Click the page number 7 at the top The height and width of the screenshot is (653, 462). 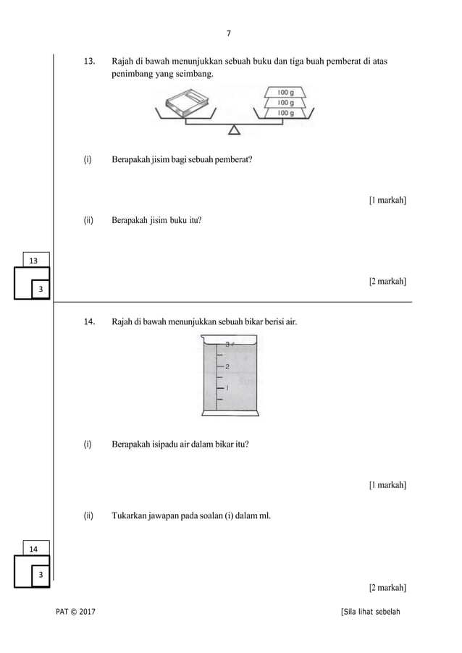230,33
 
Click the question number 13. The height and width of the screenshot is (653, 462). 91,62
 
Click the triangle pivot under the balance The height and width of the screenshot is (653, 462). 234,130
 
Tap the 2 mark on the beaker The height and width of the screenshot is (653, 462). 227,366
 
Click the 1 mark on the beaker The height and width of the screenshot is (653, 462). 227,388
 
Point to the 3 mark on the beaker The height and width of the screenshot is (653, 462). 227,345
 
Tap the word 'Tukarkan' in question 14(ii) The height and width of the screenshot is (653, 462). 130,516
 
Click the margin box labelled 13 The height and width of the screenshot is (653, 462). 34,259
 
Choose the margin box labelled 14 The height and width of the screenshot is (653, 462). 34,549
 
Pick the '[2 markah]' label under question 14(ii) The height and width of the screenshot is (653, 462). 387,586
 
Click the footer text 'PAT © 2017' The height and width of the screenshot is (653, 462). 75,613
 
